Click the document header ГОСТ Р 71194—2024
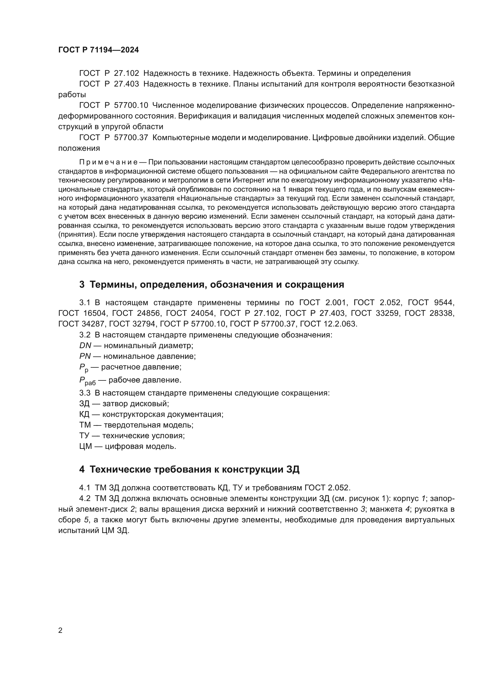click(98, 50)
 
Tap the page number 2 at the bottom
click(60, 630)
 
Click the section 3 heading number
click(82, 285)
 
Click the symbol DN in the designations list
click(85, 345)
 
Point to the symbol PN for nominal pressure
click(85, 356)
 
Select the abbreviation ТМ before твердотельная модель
click(85, 425)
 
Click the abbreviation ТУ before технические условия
click(84, 436)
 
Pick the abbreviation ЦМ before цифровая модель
click(85, 446)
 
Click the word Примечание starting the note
click(108, 162)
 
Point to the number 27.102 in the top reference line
click(126, 73)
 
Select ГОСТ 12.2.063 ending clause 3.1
click(329, 324)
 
